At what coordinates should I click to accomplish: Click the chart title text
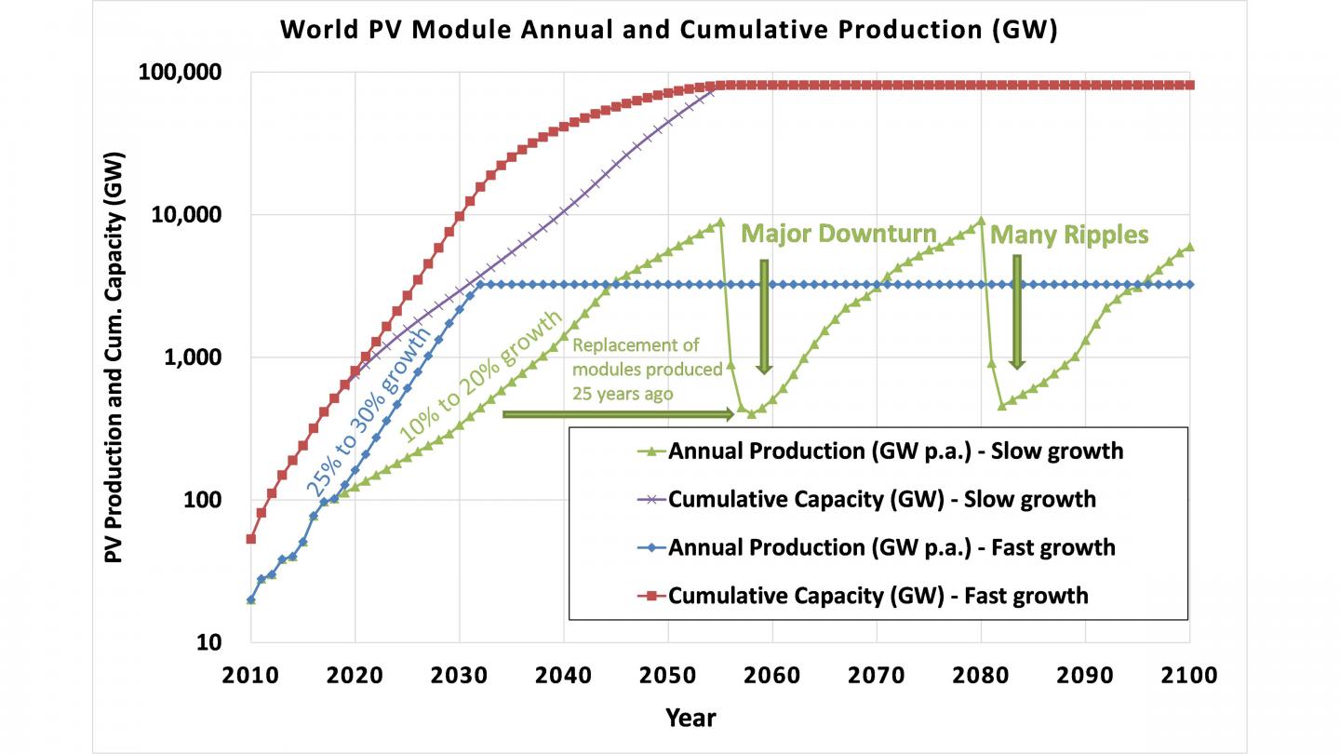[x=669, y=30]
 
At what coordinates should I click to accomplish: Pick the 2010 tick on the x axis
[x=250, y=675]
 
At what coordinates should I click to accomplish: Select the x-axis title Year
[x=690, y=718]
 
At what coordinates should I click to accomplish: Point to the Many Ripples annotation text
[x=1069, y=236]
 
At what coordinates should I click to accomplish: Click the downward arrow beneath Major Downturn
[x=764, y=316]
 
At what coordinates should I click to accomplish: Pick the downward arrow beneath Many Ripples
[x=1017, y=312]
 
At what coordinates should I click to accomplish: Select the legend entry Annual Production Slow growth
[x=896, y=451]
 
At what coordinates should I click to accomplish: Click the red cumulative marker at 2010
[x=250, y=539]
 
